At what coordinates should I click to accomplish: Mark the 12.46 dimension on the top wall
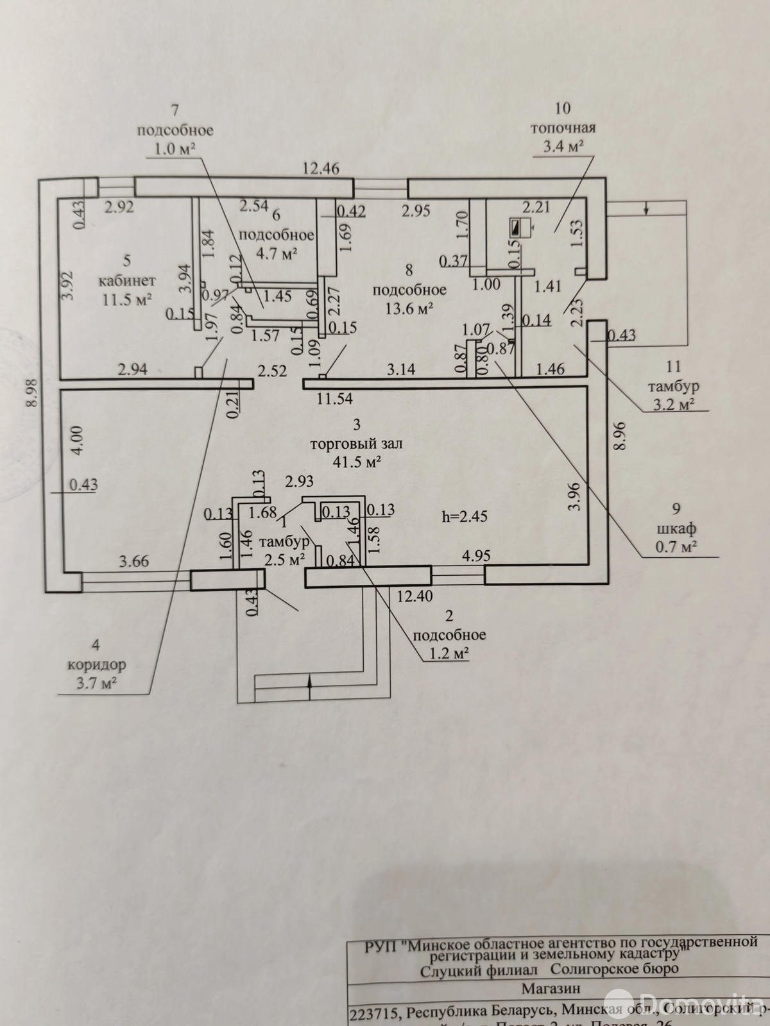click(321, 169)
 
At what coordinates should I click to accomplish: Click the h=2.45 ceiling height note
click(465, 516)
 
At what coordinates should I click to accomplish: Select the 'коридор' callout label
click(96, 665)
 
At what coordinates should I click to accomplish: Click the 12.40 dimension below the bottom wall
click(414, 596)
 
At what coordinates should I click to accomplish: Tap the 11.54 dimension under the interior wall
click(334, 399)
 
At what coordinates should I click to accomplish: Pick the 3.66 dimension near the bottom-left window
click(133, 562)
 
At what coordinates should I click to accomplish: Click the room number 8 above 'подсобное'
click(409, 271)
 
